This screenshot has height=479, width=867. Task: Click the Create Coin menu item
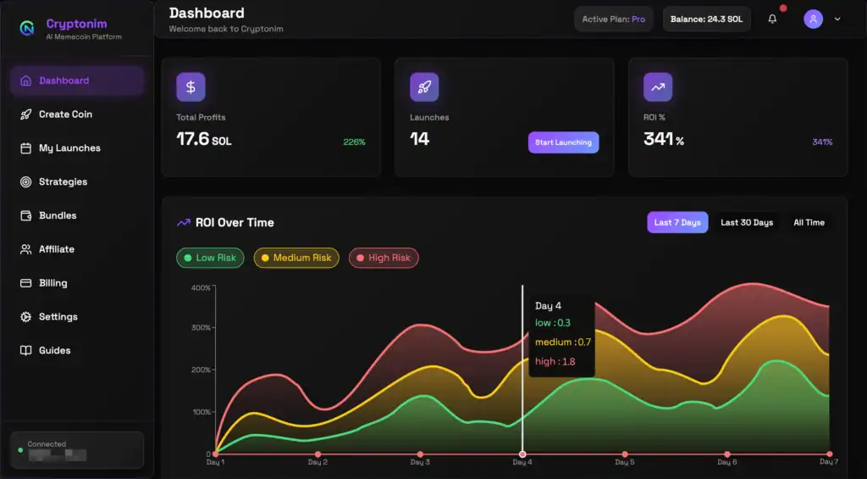click(x=65, y=114)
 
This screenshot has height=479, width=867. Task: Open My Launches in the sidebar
click(x=69, y=148)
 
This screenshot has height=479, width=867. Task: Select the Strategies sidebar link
click(x=63, y=181)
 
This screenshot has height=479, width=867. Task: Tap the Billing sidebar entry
click(x=52, y=283)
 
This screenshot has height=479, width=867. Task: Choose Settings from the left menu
click(x=58, y=317)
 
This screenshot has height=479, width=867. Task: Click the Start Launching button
click(x=563, y=142)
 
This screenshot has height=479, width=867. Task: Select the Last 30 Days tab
click(x=746, y=223)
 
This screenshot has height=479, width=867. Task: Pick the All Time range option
click(x=809, y=223)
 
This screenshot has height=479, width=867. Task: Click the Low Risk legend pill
click(x=210, y=258)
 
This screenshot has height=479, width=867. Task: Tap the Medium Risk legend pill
click(x=296, y=258)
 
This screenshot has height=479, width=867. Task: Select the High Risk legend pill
click(x=384, y=258)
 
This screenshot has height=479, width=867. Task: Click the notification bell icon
click(x=772, y=19)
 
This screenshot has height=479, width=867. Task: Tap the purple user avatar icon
click(x=813, y=19)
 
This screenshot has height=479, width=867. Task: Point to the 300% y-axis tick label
click(x=201, y=327)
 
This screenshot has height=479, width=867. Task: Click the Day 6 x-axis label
click(x=726, y=463)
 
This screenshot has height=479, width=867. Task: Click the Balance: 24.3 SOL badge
click(x=706, y=19)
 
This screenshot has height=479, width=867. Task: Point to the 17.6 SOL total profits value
click(x=203, y=139)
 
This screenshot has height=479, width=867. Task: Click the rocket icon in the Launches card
click(x=424, y=86)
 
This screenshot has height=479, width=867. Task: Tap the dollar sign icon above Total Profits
click(x=191, y=86)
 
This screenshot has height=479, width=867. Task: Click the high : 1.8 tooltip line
click(x=555, y=361)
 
